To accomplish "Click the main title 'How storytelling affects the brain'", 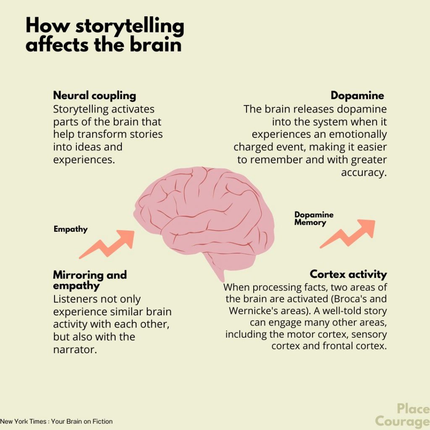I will tap(105, 35).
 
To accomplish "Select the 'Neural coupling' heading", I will tap(94, 96).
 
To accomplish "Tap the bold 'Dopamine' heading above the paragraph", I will tap(357, 96).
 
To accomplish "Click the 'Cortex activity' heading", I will tap(348, 275).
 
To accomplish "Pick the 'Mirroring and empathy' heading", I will tap(89, 281).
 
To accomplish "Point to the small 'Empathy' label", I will tap(71, 229).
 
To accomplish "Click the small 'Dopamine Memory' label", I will tap(314, 218).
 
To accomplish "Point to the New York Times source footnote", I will tap(56, 421).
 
